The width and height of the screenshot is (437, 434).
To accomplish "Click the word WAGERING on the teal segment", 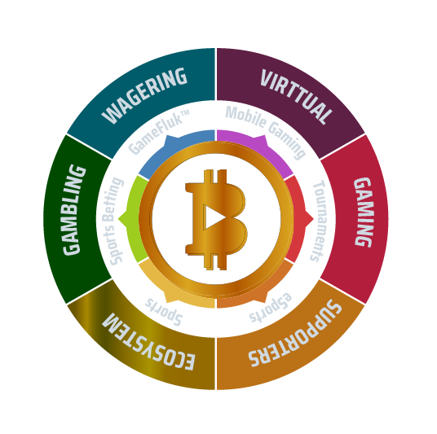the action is pyautogui.click(x=144, y=95).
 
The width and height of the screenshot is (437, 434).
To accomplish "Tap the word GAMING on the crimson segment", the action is pyautogui.click(x=364, y=213).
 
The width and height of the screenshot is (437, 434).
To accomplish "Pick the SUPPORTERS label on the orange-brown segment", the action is pyautogui.click(x=295, y=333).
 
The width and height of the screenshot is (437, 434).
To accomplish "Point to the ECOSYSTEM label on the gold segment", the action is pyautogui.click(x=148, y=341).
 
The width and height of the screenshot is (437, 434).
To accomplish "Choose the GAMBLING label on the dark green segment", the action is pyautogui.click(x=74, y=210).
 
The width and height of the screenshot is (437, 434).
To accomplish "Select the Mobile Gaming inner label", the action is pyautogui.click(x=266, y=133).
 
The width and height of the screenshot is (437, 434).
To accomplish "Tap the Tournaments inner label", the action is pyautogui.click(x=318, y=221).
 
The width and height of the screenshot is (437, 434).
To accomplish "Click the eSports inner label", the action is pyautogui.click(x=270, y=307).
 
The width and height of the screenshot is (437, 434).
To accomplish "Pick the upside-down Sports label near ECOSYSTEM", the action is pyautogui.click(x=164, y=312).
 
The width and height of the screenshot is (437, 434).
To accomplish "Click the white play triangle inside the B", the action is pyautogui.click(x=213, y=217).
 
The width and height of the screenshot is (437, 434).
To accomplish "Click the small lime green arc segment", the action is pyautogui.click(x=133, y=219).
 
